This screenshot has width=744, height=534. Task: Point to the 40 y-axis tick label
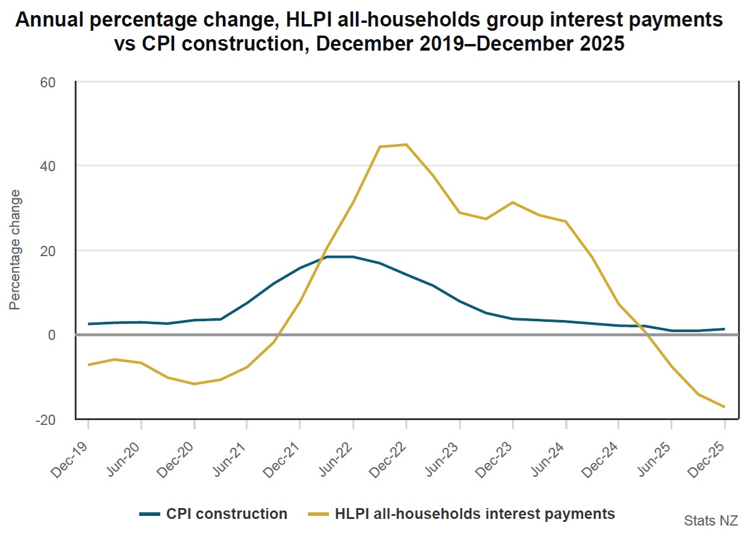[x=48, y=166]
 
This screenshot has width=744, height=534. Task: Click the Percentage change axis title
[x=16, y=250]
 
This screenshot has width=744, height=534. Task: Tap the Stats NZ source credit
[x=710, y=520]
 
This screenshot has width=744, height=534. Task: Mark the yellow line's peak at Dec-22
[x=406, y=145]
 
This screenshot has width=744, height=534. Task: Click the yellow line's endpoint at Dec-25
[x=724, y=407]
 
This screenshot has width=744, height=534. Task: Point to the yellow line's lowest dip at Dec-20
[x=194, y=384]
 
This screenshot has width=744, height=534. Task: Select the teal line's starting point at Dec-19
[x=88, y=324]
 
